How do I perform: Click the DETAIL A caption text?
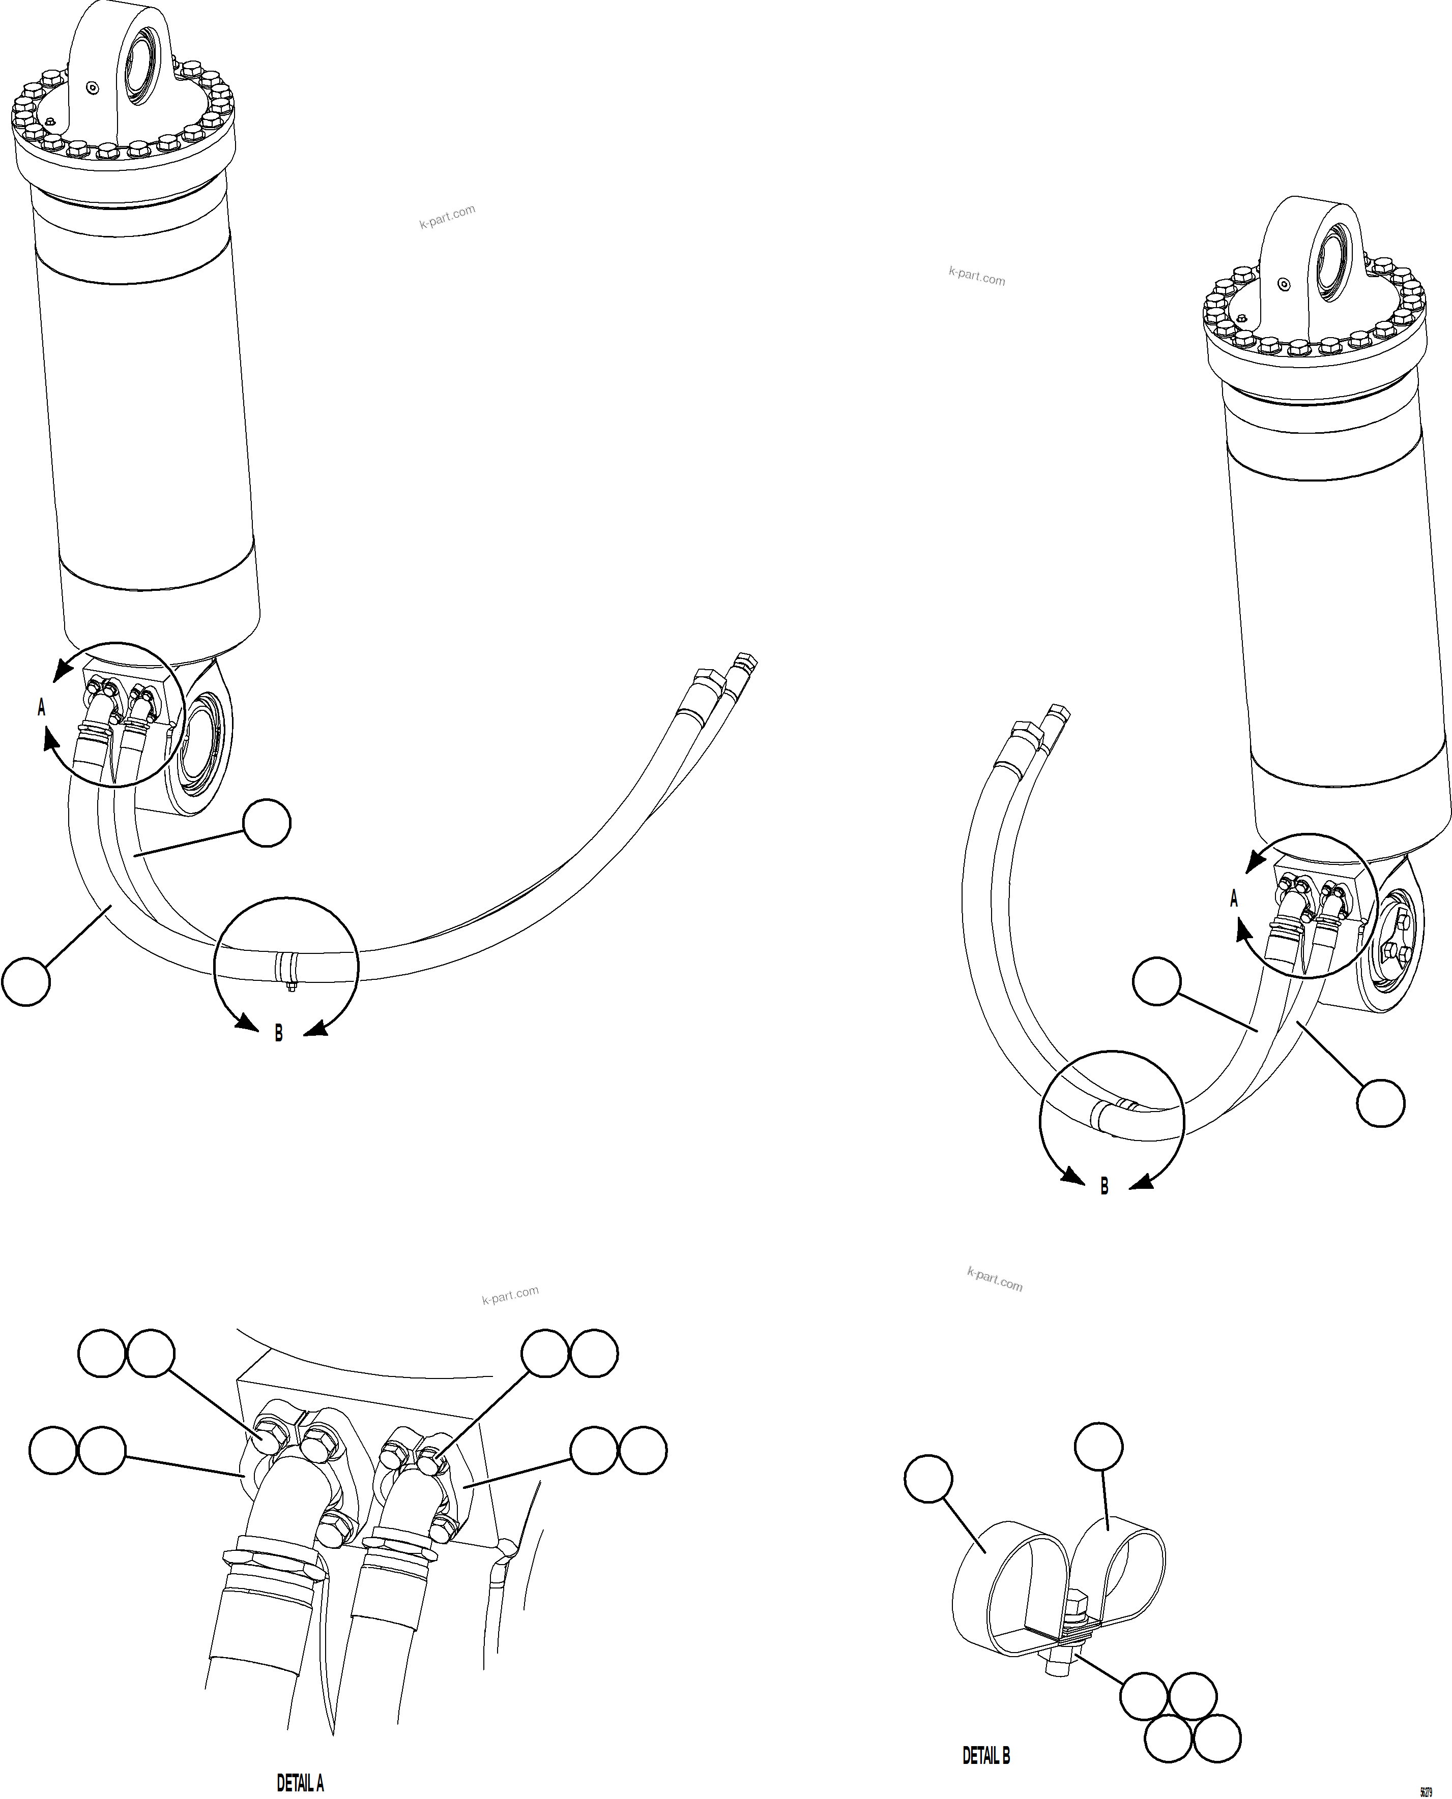point(300,1783)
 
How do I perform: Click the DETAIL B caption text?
point(986,1756)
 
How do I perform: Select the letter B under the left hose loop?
point(278,1034)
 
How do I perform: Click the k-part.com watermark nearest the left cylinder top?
point(448,217)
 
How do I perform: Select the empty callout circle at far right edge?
point(1380,1103)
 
